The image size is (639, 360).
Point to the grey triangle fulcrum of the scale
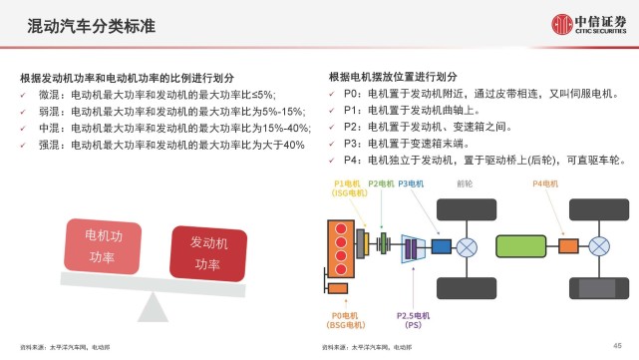coord(155,301)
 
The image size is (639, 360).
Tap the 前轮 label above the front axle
coord(465,184)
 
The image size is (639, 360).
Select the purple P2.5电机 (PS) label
coord(414,320)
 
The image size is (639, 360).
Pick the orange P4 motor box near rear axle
coord(568,245)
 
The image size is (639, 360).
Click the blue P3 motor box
coord(442,245)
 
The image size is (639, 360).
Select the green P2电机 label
coord(381,183)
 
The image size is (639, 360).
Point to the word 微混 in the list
coord(50,94)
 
